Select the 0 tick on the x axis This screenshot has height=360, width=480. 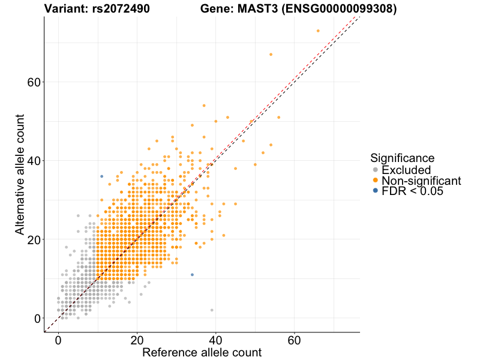point(58,340)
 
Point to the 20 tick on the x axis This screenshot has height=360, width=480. point(137,340)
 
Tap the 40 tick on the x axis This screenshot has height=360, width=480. point(215,340)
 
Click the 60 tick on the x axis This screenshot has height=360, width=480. point(294,340)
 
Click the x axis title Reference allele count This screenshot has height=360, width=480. point(202,352)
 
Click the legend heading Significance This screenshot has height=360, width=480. point(402,158)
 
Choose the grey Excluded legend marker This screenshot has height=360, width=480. point(376,170)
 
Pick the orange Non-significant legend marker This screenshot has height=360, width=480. point(376,180)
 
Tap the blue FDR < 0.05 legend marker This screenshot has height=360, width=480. point(376,190)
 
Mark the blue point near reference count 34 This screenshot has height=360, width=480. point(192,275)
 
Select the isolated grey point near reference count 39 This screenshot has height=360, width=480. point(212,310)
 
